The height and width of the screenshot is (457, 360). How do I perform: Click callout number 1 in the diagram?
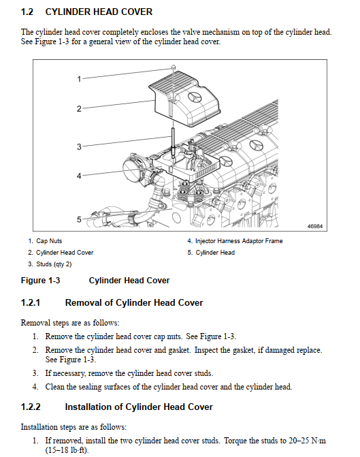79,79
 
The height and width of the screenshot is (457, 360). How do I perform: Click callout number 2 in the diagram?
79,109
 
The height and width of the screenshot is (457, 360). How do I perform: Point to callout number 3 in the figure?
79,146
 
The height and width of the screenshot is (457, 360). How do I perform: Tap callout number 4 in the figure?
79,176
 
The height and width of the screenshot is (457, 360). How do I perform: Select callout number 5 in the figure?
79,219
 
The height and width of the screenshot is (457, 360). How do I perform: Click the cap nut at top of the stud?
174,67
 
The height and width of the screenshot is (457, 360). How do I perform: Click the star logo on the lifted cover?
195,97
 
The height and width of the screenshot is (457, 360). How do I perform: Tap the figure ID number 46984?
315,226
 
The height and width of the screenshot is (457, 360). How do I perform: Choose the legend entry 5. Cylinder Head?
211,253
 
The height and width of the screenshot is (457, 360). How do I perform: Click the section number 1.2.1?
31,302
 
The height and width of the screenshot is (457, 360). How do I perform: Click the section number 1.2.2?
31,407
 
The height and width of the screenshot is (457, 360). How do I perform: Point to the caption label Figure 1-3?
40,281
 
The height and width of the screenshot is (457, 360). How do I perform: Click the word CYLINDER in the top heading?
68,12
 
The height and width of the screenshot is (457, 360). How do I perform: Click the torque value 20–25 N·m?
308,441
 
